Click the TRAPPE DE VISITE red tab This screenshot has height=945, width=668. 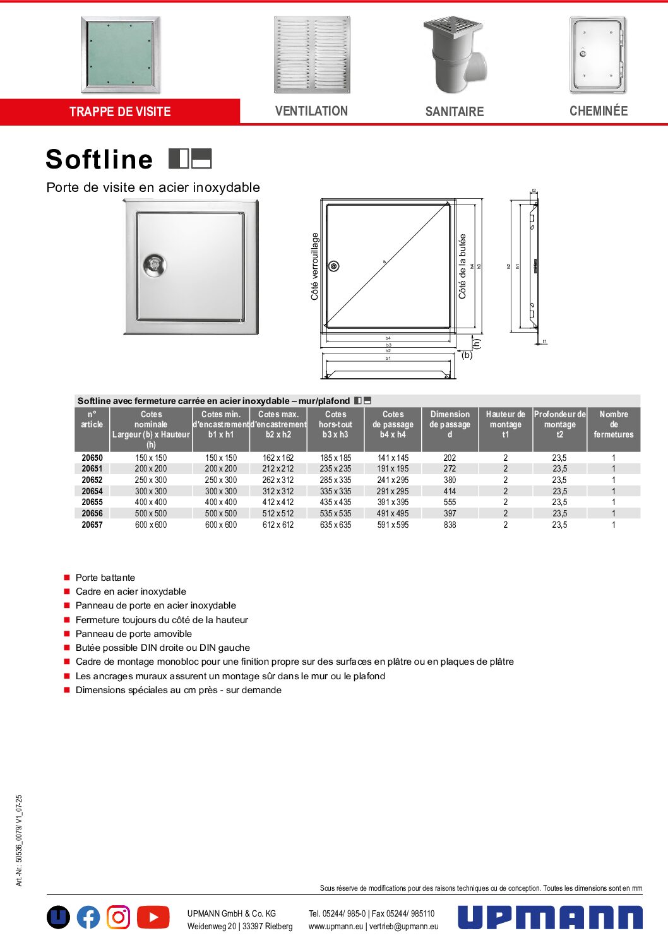point(120,112)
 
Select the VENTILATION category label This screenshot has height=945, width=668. point(311,111)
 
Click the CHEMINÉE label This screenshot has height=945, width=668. point(599,111)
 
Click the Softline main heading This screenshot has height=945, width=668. point(100,159)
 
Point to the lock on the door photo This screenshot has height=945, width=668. point(153,265)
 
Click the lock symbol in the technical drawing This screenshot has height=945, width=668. point(334,266)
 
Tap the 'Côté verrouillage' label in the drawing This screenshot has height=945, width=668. point(314,266)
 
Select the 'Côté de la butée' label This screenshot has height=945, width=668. point(463,266)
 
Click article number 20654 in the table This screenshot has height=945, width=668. point(92,491)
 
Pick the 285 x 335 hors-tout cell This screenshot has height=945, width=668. point(335,480)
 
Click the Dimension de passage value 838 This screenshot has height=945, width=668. point(450,525)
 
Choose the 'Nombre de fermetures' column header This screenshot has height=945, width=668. point(613,424)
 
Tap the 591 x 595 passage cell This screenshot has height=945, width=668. point(393,525)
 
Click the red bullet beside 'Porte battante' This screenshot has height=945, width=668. point(67,578)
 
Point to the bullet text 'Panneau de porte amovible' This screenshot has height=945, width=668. point(134,634)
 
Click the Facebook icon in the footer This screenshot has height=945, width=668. point(88,917)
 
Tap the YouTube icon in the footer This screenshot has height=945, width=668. point(153,917)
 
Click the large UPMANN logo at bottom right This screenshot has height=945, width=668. point(550,917)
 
